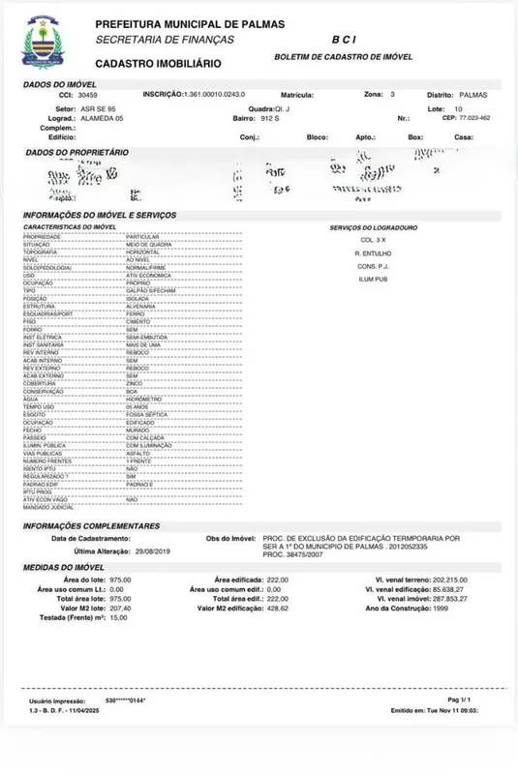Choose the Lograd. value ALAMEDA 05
coord(106,118)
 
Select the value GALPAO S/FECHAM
coord(149,289)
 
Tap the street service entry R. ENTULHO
coord(373,252)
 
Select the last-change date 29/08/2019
coord(152,551)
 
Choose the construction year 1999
coord(442,608)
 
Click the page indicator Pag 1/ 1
coord(459,699)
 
